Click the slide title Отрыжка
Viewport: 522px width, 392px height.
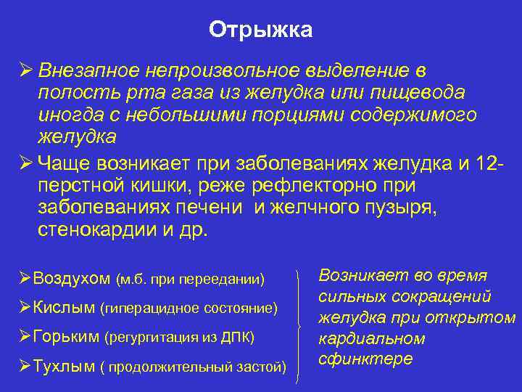261,30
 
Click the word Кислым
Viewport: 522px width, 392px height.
64,308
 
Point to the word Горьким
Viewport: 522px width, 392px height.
67,337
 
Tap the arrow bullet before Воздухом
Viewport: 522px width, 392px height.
23,279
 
